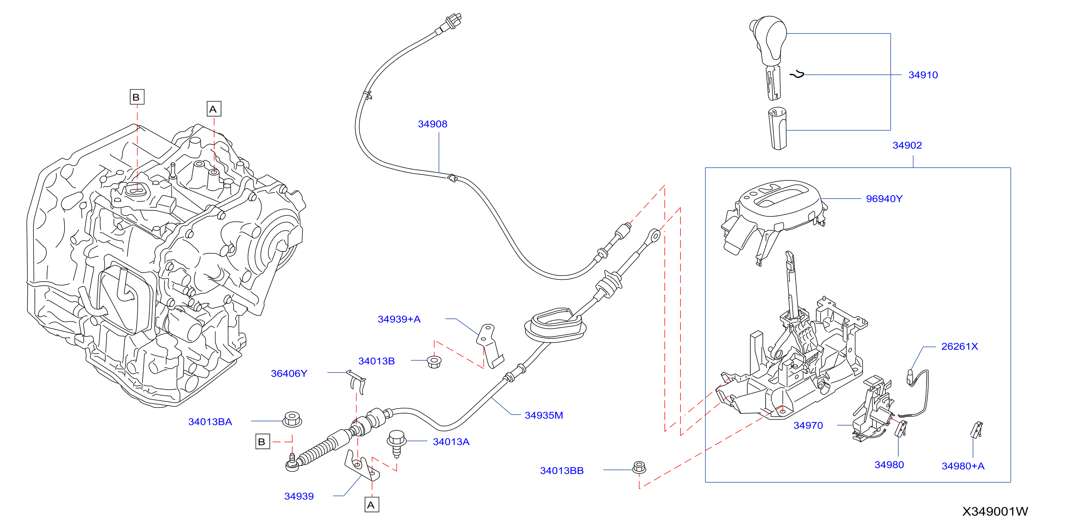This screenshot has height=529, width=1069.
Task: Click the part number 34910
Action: pyautogui.click(x=922, y=75)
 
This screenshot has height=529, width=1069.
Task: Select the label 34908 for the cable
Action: pyautogui.click(x=432, y=124)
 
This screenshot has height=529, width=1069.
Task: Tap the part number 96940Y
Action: pyautogui.click(x=884, y=199)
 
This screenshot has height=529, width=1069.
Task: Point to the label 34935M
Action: pyautogui.click(x=544, y=415)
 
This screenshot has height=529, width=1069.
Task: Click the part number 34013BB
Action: pyautogui.click(x=561, y=471)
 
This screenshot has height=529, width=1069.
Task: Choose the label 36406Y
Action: pyautogui.click(x=289, y=374)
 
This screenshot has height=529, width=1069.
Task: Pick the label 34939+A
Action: pyautogui.click(x=399, y=319)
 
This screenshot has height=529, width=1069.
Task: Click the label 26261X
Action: pyautogui.click(x=960, y=346)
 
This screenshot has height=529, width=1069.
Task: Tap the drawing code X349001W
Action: pyautogui.click(x=995, y=512)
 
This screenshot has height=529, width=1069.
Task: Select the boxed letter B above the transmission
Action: pyautogui.click(x=137, y=97)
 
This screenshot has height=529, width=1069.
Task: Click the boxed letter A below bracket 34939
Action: pyautogui.click(x=371, y=505)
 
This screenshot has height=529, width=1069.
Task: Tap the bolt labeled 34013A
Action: pyautogui.click(x=396, y=443)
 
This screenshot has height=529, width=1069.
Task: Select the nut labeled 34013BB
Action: pyautogui.click(x=639, y=467)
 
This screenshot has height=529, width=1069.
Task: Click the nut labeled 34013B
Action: pyautogui.click(x=434, y=361)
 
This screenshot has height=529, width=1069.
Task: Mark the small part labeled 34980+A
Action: pyautogui.click(x=976, y=430)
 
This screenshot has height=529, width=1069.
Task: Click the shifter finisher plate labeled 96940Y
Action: pyautogui.click(x=774, y=220)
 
